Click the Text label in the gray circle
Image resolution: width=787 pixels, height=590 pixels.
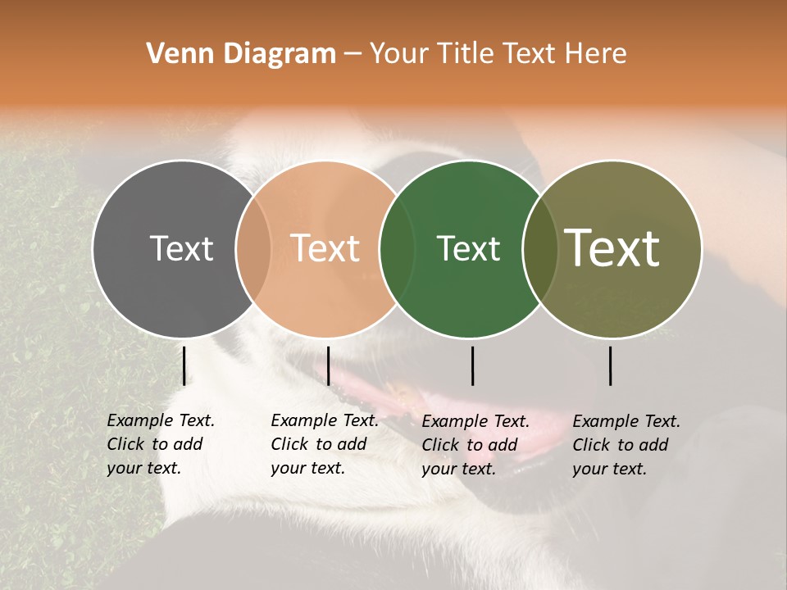click(x=181, y=248)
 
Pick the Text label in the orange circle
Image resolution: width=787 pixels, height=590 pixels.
click(x=325, y=248)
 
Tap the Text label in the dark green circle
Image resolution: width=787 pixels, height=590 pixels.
click(x=468, y=248)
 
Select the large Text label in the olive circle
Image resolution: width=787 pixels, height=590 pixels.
click(x=612, y=247)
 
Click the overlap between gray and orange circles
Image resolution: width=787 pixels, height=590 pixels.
click(x=253, y=248)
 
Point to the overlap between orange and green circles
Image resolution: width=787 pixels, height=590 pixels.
click(x=397, y=248)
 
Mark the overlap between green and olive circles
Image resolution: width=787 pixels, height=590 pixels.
click(x=539, y=248)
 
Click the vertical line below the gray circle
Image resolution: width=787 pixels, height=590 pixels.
click(x=184, y=365)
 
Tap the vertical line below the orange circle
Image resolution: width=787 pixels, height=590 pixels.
click(x=328, y=365)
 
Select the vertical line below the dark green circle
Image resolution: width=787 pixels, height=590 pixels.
click(x=472, y=365)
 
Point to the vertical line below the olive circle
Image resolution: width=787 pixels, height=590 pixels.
click(x=610, y=365)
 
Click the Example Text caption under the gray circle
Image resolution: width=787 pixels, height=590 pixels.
click(x=160, y=444)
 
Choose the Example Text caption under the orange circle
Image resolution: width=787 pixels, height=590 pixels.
click(x=324, y=444)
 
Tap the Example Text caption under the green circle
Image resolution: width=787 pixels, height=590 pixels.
click(x=475, y=445)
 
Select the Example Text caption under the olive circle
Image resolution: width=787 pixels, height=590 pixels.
click(x=626, y=445)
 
